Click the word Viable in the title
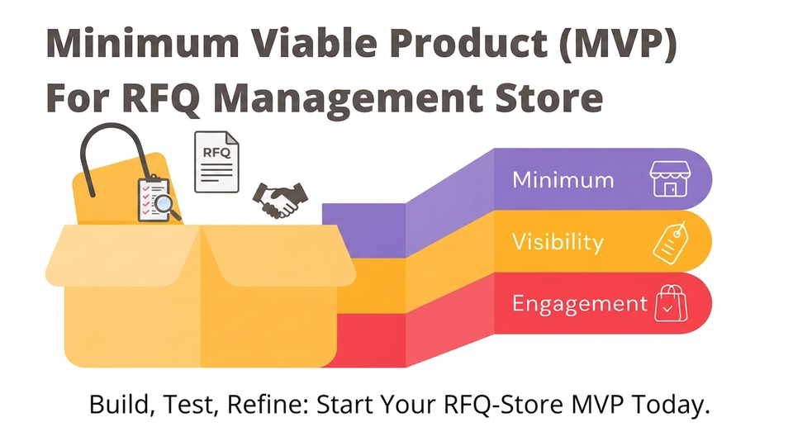tap(314, 44)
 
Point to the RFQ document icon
tap(216, 162)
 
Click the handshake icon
tap(280, 200)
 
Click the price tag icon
tap(671, 242)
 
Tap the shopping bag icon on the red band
tap(671, 303)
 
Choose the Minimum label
tap(563, 180)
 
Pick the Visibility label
tap(558, 242)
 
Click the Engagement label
tap(580, 304)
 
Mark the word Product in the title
tap(469, 44)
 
